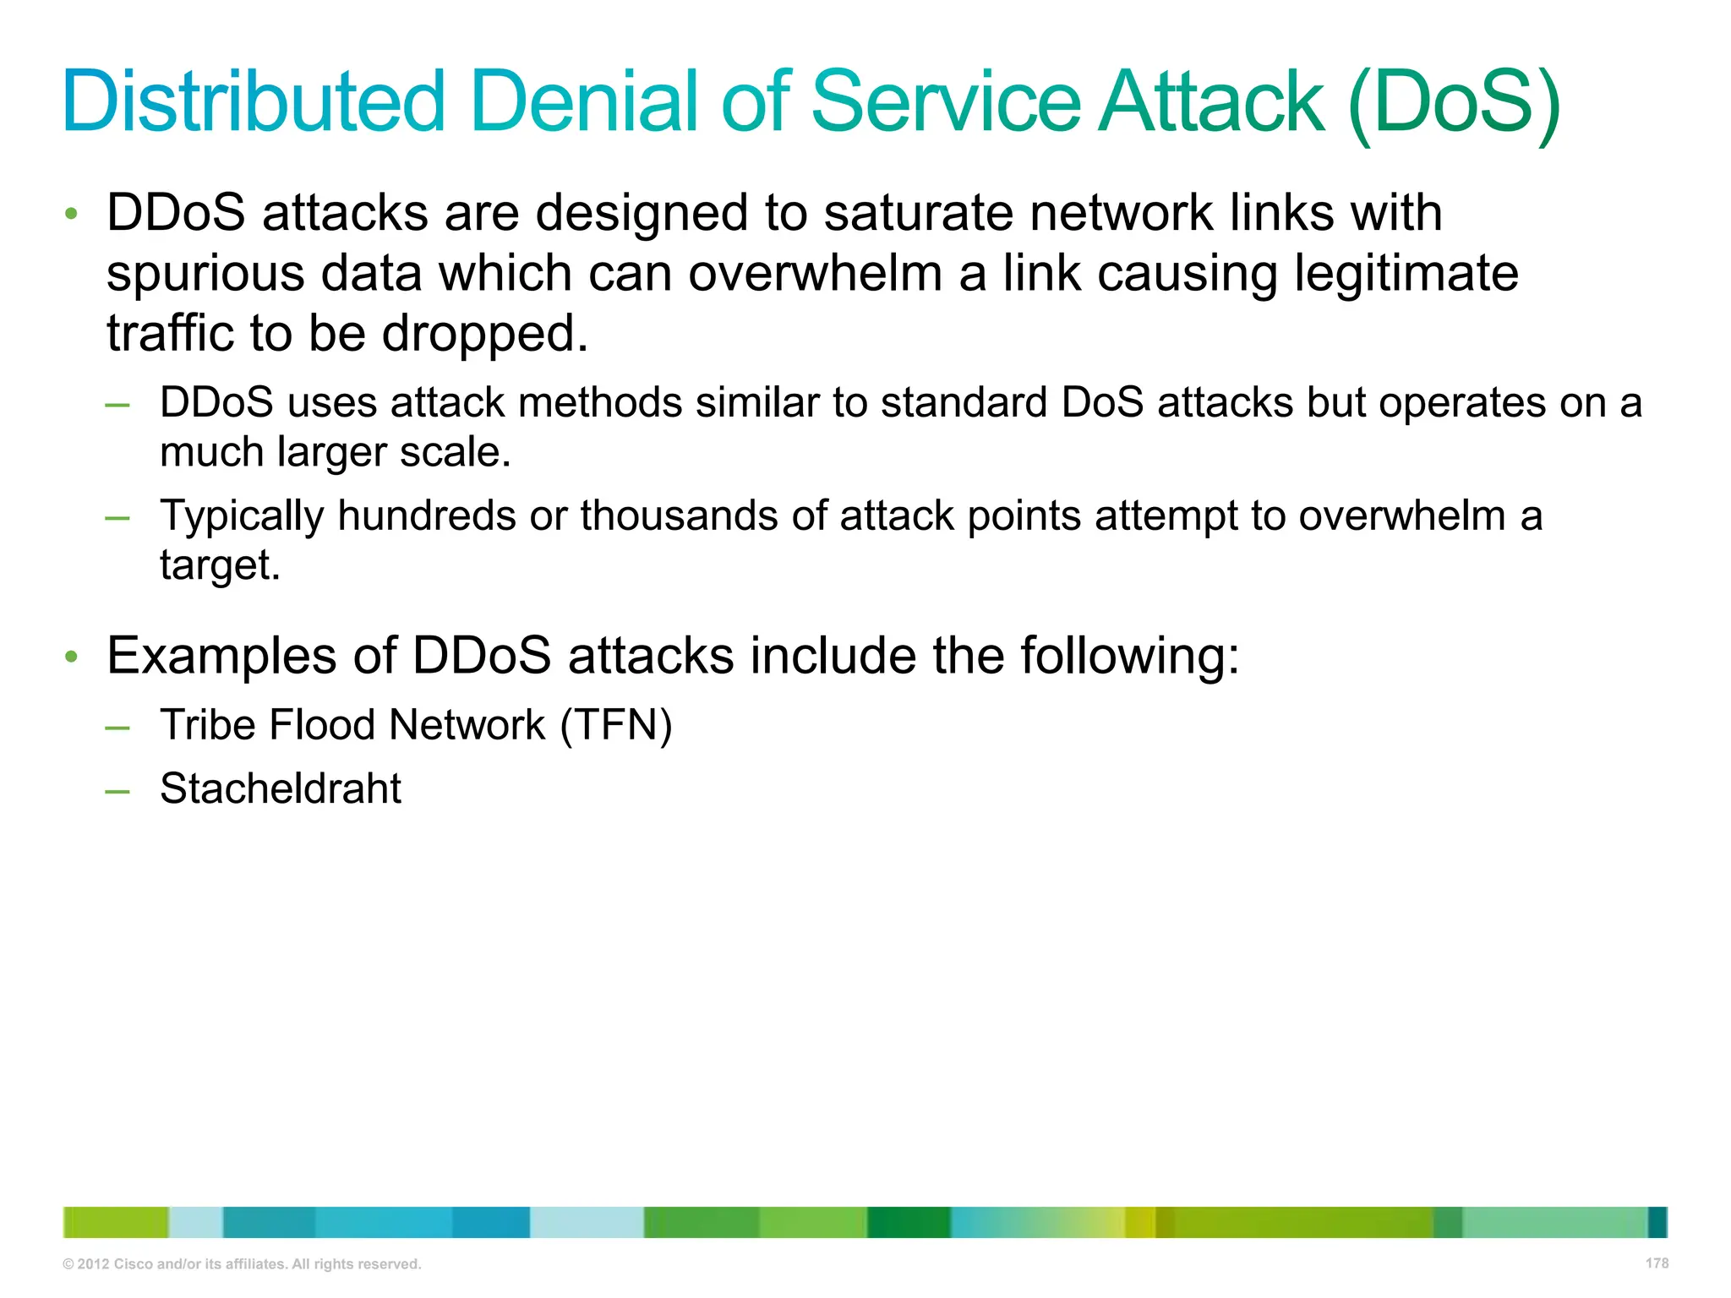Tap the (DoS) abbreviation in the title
point(1454,103)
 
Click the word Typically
point(242,516)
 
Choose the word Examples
point(221,656)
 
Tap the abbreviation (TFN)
point(616,725)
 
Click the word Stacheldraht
point(281,788)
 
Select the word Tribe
point(202,725)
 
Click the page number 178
point(1657,1263)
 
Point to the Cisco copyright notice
point(242,1264)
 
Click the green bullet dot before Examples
point(72,657)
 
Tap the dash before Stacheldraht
point(117,791)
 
